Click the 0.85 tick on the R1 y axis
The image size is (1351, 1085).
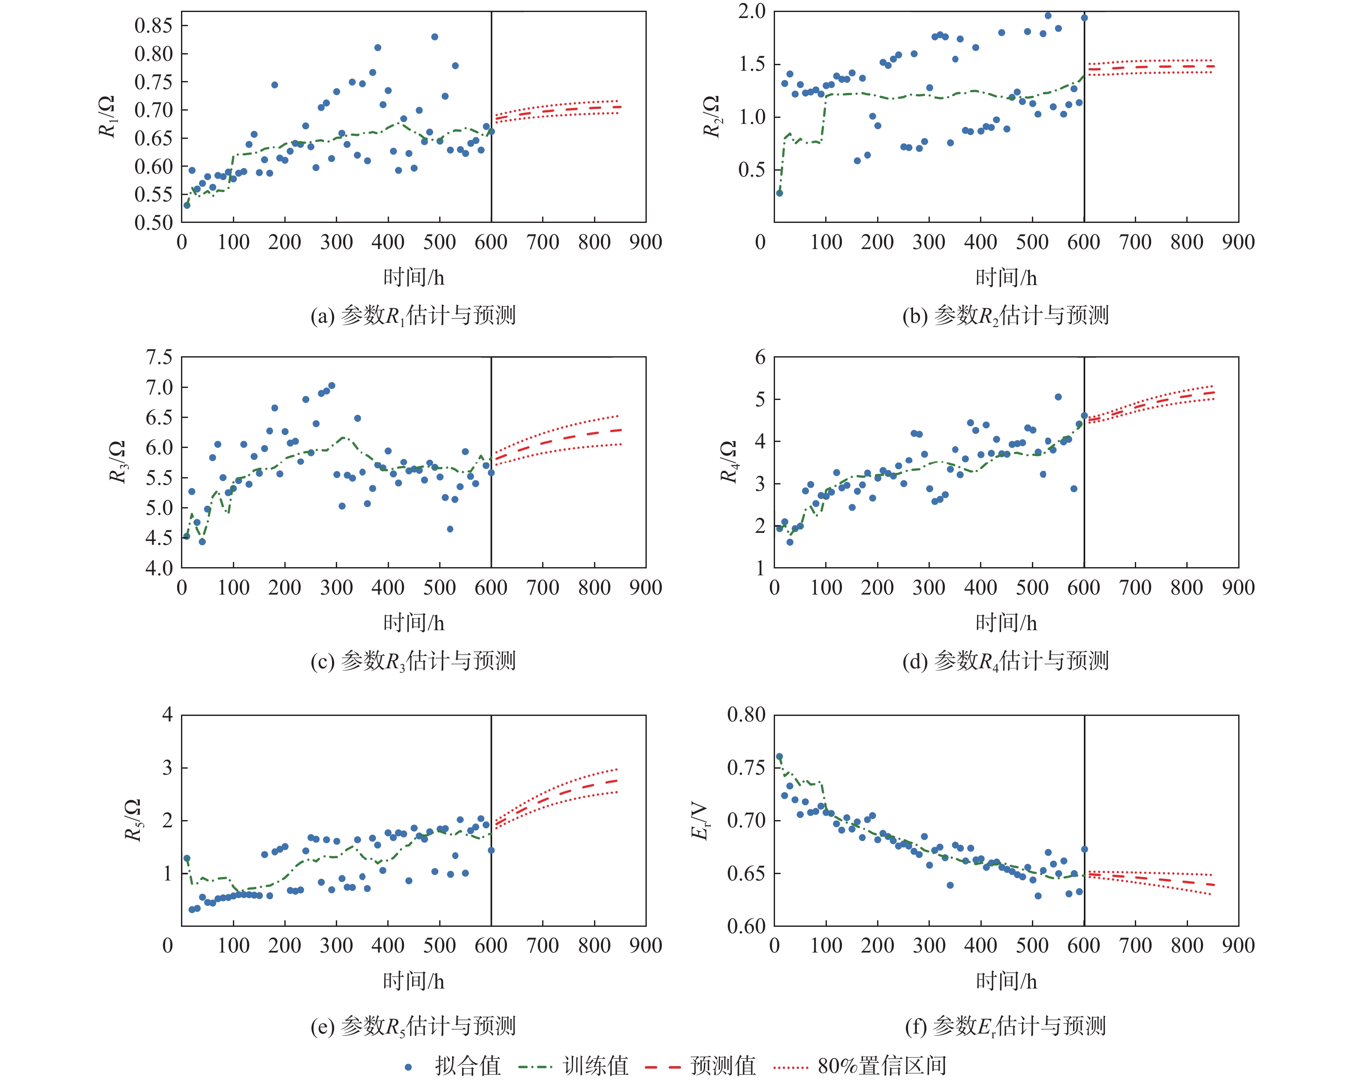point(153,26)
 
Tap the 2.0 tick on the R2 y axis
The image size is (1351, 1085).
point(751,11)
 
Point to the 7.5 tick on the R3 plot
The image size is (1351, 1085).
point(159,357)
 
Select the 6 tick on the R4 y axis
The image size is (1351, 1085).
point(760,357)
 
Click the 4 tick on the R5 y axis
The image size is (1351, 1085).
point(167,715)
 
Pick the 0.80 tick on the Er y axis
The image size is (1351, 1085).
point(746,715)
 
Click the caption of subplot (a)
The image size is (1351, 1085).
point(413,315)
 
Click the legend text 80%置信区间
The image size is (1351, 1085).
point(882,1066)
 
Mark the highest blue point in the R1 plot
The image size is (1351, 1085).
point(434,37)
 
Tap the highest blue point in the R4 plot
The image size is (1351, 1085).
point(1058,397)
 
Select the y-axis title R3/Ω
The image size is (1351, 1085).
point(117,462)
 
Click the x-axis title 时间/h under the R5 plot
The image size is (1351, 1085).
point(413,981)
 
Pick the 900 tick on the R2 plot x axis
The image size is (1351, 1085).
point(1238,243)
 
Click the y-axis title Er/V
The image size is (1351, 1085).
point(700,821)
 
